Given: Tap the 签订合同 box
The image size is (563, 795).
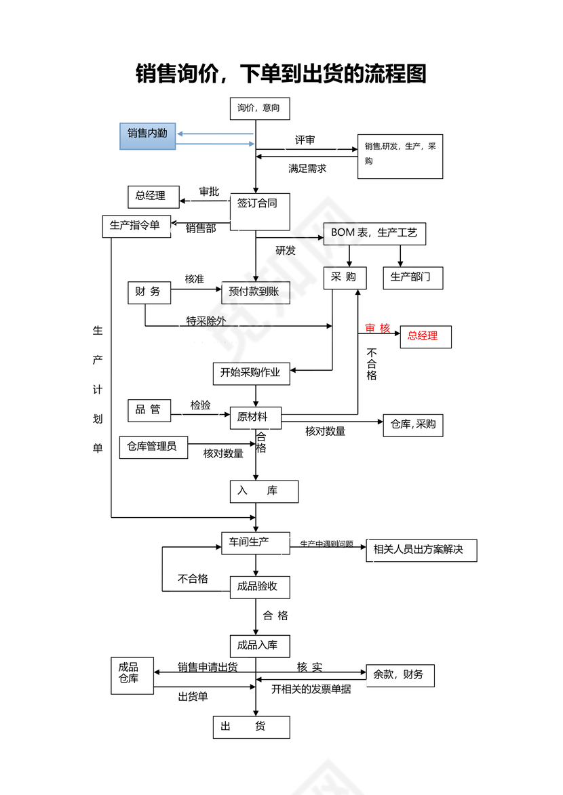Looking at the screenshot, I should click(260, 211).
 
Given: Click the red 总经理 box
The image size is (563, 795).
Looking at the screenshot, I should click(425, 337).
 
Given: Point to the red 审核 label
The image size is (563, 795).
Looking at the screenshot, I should click(378, 329).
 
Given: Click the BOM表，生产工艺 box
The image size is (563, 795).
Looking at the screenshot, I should click(374, 234).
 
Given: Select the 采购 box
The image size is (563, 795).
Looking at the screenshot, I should click(345, 278).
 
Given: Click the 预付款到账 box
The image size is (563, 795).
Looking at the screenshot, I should click(255, 293).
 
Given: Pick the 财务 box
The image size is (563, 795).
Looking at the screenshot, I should click(149, 293).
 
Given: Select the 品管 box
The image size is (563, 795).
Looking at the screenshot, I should click(149, 410).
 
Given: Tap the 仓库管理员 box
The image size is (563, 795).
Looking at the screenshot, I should click(153, 447).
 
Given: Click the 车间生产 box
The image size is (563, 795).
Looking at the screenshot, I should click(256, 542).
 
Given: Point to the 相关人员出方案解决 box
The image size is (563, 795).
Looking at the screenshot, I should click(421, 550).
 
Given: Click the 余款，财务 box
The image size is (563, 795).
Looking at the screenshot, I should click(400, 675).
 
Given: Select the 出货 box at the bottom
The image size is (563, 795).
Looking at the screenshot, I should click(251, 727).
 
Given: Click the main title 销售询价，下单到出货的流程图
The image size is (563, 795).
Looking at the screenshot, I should click(281, 73).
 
